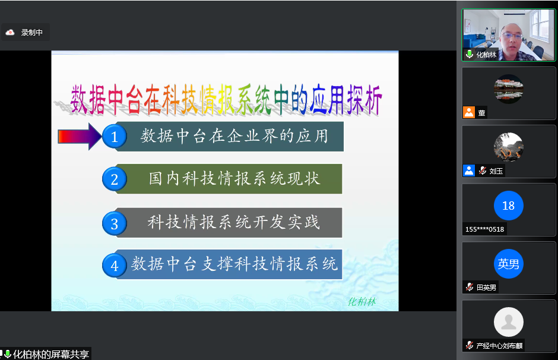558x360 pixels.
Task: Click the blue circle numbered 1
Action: point(114,137)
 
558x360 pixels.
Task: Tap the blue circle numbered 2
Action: point(114,179)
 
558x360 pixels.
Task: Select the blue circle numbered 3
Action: point(114,223)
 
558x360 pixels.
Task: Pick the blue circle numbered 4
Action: point(114,266)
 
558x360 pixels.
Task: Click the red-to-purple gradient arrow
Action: point(80,137)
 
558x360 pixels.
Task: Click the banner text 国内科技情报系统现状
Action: point(234,179)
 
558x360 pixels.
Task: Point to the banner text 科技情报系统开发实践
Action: point(234,222)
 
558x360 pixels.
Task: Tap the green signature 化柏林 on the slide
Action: point(362,302)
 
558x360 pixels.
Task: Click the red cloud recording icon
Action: point(10,33)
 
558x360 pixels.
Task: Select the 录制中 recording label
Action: point(31,33)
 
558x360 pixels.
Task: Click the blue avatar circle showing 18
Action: point(509,206)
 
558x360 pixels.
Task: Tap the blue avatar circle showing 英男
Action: point(509,264)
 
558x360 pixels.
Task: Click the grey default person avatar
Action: point(509,322)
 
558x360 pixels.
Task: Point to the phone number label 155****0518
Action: point(485,229)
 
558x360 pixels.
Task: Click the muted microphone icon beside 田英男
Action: point(470,287)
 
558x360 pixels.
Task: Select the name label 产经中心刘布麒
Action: point(500,345)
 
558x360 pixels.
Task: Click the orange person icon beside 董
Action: point(469,112)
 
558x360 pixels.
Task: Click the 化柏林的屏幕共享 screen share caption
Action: point(51,354)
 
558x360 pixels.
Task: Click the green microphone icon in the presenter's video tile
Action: point(470,54)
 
